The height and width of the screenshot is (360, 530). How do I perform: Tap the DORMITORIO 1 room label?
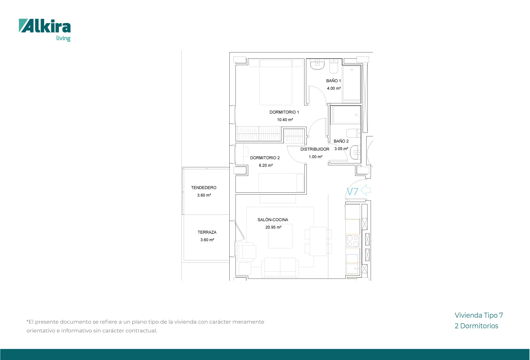pyautogui.click(x=284, y=112)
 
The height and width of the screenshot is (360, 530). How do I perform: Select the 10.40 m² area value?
pyautogui.click(x=285, y=120)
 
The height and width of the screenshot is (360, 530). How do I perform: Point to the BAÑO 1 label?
pyautogui.click(x=334, y=81)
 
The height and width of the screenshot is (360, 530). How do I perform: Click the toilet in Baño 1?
pyautogui.click(x=334, y=67)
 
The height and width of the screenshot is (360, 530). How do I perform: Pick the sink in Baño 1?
pyautogui.click(x=317, y=65)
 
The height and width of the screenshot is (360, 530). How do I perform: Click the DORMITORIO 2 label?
pyautogui.click(x=265, y=158)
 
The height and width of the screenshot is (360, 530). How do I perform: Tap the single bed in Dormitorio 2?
pyautogui.click(x=281, y=183)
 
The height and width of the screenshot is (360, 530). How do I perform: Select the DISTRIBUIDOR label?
pyautogui.click(x=315, y=149)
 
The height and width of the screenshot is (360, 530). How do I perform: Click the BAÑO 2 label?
pyautogui.click(x=341, y=141)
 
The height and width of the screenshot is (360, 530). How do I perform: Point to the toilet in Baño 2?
pyautogui.click(x=353, y=133)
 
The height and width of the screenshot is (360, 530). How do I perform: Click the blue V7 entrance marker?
pyautogui.click(x=352, y=192)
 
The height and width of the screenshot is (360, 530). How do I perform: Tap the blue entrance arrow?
pyautogui.click(x=365, y=190)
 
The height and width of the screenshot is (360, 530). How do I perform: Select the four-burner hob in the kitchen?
pyautogui.click(x=353, y=241)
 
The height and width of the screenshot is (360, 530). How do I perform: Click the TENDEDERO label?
pyautogui.click(x=204, y=188)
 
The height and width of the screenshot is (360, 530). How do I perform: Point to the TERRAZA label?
pyautogui.click(x=207, y=232)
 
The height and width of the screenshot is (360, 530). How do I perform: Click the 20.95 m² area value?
pyautogui.click(x=273, y=227)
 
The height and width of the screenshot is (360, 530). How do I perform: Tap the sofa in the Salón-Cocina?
pyautogui.click(x=280, y=268)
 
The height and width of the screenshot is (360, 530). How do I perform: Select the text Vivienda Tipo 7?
pyautogui.click(x=479, y=316)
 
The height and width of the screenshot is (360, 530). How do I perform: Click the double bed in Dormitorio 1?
pyautogui.click(x=276, y=82)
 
